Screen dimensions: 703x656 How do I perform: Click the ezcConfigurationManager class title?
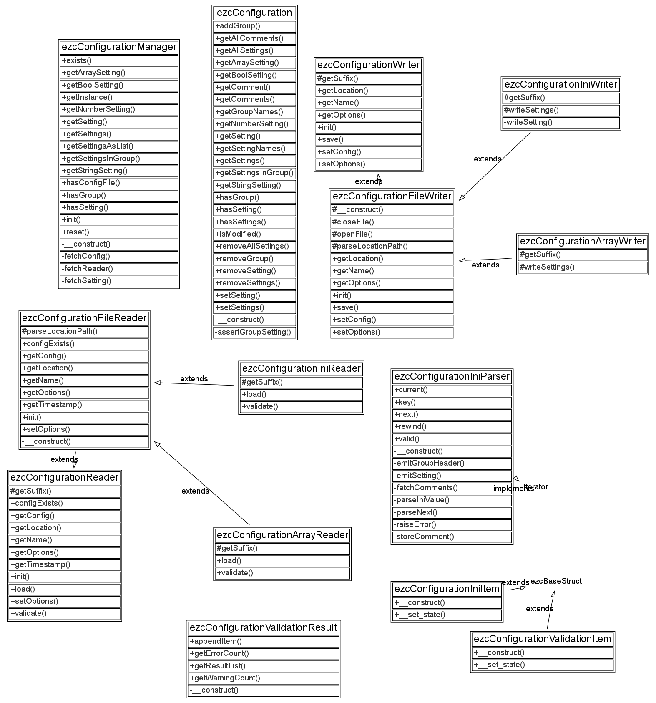click(119, 47)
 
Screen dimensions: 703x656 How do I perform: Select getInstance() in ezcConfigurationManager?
click(87, 97)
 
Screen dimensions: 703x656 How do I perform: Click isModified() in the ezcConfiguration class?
click(238, 234)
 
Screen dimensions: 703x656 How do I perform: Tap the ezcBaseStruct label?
click(556, 581)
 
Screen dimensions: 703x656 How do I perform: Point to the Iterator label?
click(536, 486)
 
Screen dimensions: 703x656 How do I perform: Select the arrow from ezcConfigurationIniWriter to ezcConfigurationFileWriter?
click(495, 166)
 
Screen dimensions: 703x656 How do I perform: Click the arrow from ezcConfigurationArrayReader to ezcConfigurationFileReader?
click(202, 484)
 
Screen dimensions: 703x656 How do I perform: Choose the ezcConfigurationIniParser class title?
click(452, 377)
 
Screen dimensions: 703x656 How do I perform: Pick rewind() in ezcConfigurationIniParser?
click(410, 426)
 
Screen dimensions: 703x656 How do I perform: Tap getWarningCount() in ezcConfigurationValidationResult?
click(225, 678)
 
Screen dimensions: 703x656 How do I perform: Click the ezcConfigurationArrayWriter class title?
click(583, 242)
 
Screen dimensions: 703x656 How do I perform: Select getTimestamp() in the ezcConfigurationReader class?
click(40, 564)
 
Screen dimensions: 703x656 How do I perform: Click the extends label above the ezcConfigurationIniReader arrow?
click(194, 379)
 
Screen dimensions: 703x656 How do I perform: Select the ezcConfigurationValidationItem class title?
click(543, 639)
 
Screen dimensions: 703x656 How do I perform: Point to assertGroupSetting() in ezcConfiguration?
click(253, 332)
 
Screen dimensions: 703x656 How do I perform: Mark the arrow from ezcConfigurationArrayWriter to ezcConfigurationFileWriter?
click(486, 260)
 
